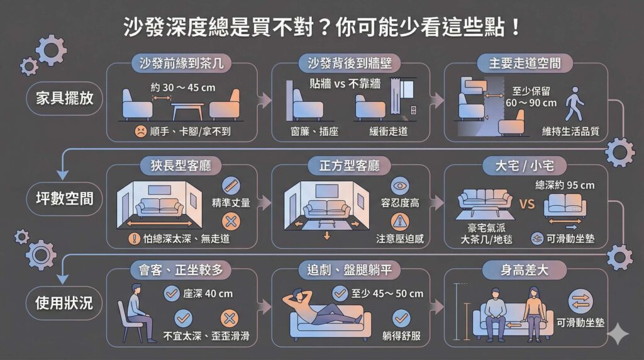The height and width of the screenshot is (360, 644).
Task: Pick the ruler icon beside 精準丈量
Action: [231, 185]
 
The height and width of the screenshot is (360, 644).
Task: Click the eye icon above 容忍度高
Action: [399, 186]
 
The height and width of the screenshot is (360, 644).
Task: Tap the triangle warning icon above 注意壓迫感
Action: [399, 221]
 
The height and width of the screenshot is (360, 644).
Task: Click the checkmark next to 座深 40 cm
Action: [171, 293]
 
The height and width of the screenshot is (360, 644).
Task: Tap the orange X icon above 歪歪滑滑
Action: [228, 318]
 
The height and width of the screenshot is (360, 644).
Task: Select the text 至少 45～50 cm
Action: [387, 293]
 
